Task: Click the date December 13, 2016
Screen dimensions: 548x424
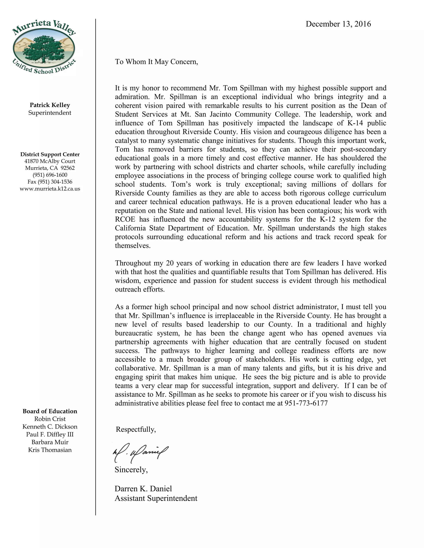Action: [x=338, y=24]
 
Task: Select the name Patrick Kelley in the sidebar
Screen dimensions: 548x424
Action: [x=50, y=105]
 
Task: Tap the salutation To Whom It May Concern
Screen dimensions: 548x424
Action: [x=156, y=62]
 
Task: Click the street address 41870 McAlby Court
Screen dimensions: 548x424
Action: [x=50, y=161]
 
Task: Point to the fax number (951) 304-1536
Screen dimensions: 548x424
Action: [x=50, y=182]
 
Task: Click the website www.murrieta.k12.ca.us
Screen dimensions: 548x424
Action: [x=50, y=189]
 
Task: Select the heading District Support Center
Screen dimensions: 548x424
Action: [x=50, y=154]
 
